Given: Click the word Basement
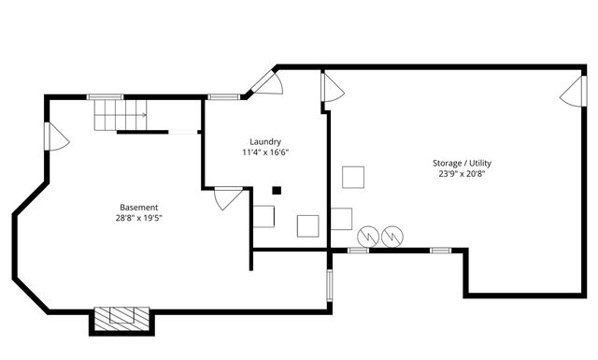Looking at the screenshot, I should coord(138,207).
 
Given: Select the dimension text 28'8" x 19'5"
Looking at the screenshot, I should coord(138,218).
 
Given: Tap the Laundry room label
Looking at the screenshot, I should coord(265,142).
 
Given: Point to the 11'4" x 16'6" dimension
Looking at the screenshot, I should coord(265,152).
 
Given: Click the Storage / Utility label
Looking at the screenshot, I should coord(462,163).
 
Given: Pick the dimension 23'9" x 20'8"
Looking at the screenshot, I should coord(462,174).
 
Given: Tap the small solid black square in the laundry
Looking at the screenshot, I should coord(277,191).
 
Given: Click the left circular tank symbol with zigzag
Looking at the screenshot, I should coord(369,237).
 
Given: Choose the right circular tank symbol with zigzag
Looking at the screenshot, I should coord(393,237).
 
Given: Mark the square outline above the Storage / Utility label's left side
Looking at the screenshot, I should coord(353,178).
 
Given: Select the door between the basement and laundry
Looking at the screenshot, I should coord(227,198).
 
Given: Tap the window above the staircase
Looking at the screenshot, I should coord(105,95).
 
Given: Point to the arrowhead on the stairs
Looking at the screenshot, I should coord(144,115).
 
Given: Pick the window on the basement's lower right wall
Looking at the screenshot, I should coord(328,284).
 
